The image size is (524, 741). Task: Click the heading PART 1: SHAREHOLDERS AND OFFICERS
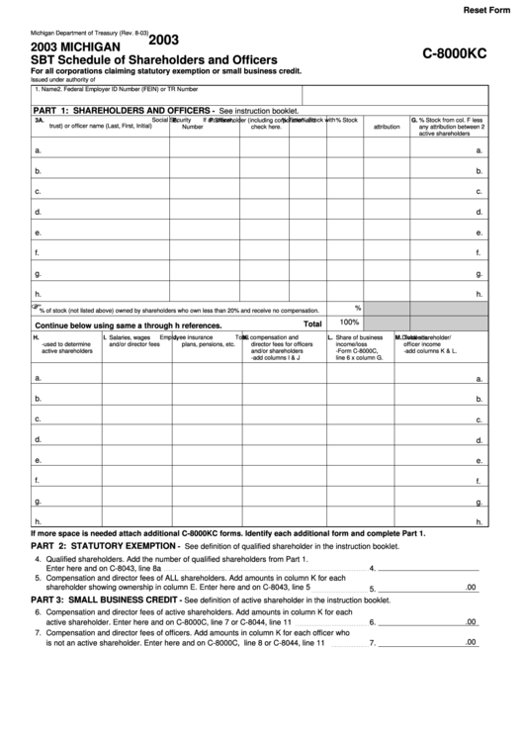click(123, 110)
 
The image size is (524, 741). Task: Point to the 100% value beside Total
click(349, 323)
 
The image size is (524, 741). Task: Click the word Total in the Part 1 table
click(312, 324)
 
